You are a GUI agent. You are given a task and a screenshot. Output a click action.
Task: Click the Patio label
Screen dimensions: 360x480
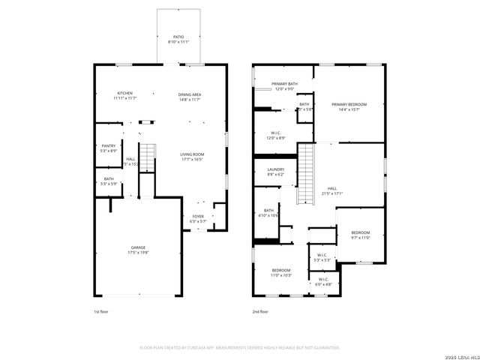[x=178, y=36]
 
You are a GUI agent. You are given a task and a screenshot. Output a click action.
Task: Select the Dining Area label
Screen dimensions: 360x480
[x=189, y=94]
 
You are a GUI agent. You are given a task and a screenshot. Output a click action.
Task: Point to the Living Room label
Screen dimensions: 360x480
[x=192, y=154]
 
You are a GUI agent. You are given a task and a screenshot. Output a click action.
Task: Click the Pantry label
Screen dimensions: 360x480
[x=109, y=146]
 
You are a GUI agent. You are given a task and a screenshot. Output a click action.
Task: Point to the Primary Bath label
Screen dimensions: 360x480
[x=284, y=85]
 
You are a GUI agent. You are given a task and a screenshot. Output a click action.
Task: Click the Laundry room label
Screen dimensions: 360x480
[x=276, y=170]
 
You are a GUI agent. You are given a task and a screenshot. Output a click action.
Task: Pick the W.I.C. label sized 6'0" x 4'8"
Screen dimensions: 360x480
[x=322, y=281]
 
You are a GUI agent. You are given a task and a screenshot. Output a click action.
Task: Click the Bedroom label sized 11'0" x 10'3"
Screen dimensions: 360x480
[x=281, y=271]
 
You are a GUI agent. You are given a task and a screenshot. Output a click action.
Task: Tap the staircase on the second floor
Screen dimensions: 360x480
[x=305, y=174]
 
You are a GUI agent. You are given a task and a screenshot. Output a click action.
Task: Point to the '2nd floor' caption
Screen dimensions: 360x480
[x=260, y=310]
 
